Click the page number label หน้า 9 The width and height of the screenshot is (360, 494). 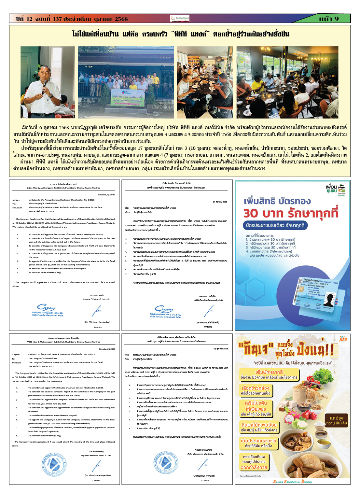click(329, 19)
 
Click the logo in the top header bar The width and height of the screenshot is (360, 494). click(180, 19)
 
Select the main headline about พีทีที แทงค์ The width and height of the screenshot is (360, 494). click(180, 34)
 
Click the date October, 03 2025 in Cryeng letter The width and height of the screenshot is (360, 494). click(106, 195)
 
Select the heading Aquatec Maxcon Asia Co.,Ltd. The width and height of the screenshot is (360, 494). click(63, 338)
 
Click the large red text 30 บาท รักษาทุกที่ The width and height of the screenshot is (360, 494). click(291, 213)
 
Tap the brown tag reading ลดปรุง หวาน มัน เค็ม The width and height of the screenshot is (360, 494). click(336, 420)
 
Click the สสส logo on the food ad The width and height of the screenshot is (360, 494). click(343, 340)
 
